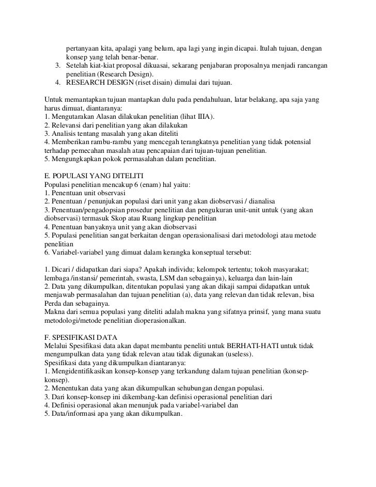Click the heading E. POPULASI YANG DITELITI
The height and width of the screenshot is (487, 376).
tap(95, 176)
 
